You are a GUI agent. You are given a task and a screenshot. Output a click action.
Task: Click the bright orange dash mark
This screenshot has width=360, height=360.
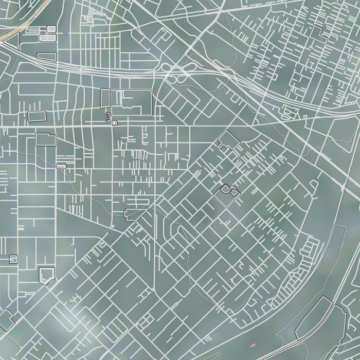point(253,344)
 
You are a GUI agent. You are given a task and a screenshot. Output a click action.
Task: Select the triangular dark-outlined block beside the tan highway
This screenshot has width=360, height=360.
point(12,40)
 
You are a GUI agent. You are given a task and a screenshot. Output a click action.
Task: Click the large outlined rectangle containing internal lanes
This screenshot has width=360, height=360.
point(132,102)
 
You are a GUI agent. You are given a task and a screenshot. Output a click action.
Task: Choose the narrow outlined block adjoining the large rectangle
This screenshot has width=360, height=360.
point(105,98)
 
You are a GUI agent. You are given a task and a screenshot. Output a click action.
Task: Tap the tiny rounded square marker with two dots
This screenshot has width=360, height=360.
point(114,123)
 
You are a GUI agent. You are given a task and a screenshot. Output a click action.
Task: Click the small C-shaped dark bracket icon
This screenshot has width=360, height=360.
point(107,117)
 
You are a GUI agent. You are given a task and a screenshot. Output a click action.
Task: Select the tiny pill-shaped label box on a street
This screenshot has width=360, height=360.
point(61,166)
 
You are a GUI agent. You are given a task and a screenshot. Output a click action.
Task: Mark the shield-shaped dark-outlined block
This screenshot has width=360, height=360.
point(46,275)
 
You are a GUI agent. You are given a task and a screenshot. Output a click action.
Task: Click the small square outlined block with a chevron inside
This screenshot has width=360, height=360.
point(13,259)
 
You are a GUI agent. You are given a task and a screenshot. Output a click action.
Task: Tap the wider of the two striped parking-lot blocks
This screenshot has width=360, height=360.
point(47,38)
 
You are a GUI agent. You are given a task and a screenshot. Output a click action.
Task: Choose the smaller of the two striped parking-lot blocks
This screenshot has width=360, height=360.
point(51,28)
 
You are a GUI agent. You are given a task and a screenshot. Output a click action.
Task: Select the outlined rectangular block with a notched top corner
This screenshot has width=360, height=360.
point(46,139)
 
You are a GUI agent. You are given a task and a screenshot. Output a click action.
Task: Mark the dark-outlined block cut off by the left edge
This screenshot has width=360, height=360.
point(5,320)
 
